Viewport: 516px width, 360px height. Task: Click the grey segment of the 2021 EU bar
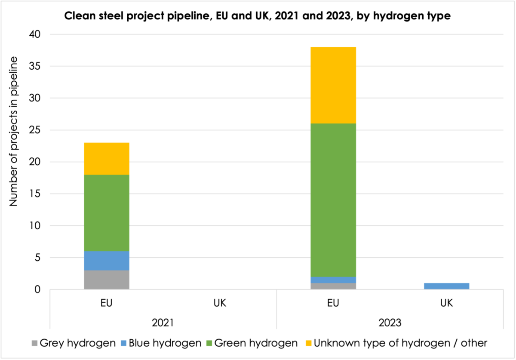click(x=106, y=280)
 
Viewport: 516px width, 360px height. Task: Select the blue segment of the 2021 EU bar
click(x=106, y=261)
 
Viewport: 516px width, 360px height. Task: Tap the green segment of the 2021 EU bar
click(x=106, y=213)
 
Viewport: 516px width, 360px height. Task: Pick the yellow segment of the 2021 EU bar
click(x=106, y=159)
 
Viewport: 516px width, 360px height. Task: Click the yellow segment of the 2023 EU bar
click(x=333, y=85)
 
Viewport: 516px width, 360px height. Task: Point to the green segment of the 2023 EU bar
click(x=333, y=200)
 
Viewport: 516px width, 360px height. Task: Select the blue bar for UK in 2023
click(x=446, y=286)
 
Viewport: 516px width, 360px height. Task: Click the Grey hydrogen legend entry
click(x=73, y=343)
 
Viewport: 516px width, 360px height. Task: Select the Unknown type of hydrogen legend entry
click(x=396, y=343)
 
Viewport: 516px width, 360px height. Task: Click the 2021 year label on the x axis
click(x=163, y=322)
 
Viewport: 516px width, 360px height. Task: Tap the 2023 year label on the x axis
click(x=390, y=322)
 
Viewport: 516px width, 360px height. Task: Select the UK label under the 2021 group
click(x=219, y=303)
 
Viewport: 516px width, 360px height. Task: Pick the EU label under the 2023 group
click(x=333, y=303)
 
